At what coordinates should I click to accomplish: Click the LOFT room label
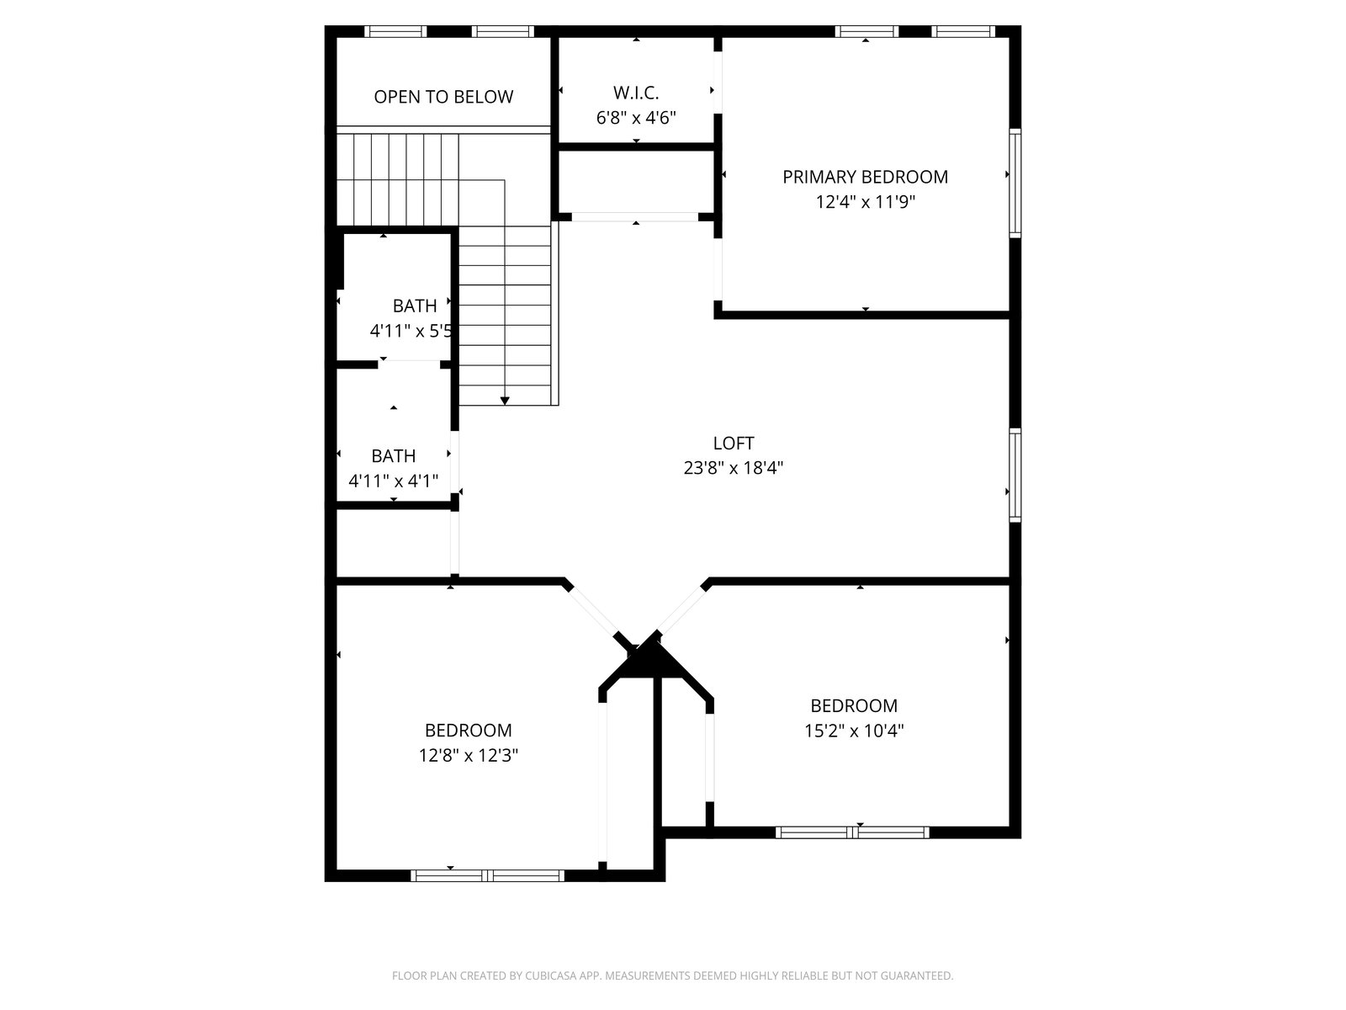click(733, 443)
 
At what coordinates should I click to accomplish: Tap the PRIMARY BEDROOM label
click(865, 178)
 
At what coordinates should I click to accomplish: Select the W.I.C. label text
click(636, 93)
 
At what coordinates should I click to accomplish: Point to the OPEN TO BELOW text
click(443, 97)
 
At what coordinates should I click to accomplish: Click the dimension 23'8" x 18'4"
click(734, 468)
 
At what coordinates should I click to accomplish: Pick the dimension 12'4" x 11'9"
click(866, 202)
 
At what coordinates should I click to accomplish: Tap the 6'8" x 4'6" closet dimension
click(636, 118)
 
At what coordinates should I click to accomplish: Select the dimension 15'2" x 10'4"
click(854, 731)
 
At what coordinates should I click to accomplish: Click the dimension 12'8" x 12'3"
click(469, 755)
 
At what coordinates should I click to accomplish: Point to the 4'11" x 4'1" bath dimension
click(393, 481)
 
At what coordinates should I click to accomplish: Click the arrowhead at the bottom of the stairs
click(505, 401)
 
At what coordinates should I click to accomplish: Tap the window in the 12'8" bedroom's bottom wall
click(487, 875)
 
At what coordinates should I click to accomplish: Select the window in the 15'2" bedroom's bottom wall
click(852, 832)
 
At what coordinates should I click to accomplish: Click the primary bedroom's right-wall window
click(1015, 183)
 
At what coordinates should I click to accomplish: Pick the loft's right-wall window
click(1015, 476)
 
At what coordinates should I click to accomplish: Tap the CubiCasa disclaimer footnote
click(673, 975)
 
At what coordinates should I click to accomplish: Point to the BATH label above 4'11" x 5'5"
click(415, 306)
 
